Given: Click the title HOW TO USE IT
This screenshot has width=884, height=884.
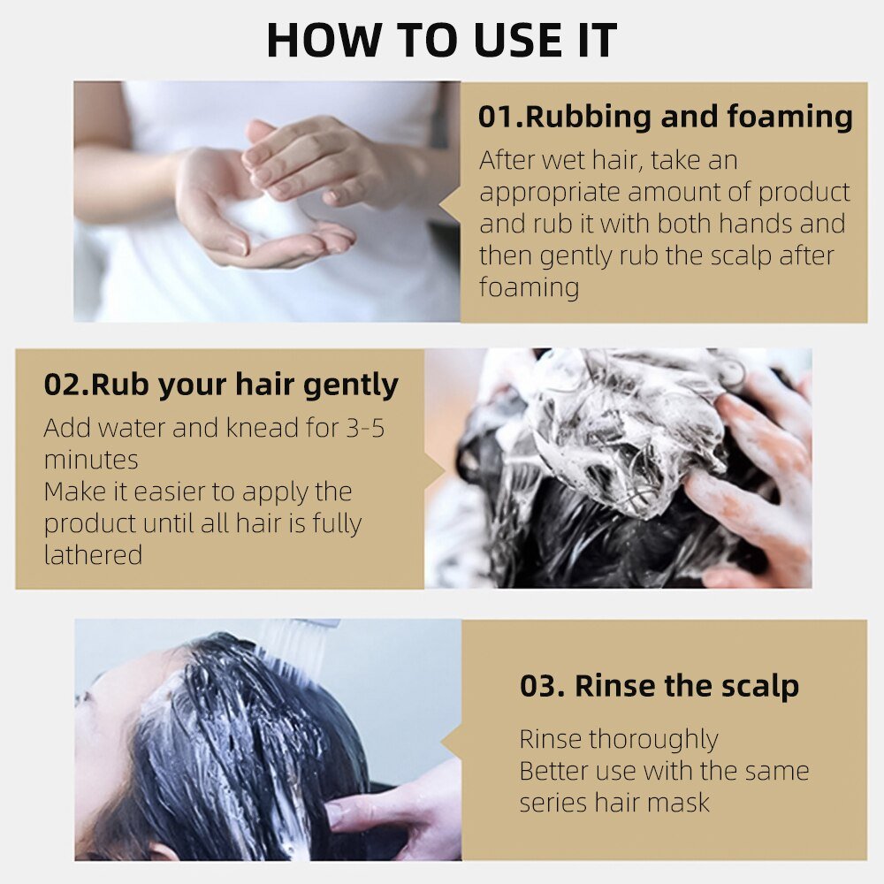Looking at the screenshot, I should pyautogui.click(x=441, y=40).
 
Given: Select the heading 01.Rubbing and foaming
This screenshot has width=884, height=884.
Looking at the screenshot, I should pyautogui.click(x=666, y=117).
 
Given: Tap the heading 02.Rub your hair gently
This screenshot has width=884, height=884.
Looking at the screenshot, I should pyautogui.click(x=221, y=385).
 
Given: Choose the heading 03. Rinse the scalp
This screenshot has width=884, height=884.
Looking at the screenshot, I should pyautogui.click(x=659, y=686).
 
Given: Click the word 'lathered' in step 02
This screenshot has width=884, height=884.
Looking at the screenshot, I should pyautogui.click(x=93, y=555).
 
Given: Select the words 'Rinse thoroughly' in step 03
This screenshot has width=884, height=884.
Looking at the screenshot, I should pyautogui.click(x=618, y=738).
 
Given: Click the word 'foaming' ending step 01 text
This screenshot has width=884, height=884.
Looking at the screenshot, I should pyautogui.click(x=529, y=287).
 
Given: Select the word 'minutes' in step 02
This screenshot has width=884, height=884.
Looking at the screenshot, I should pyautogui.click(x=90, y=460).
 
